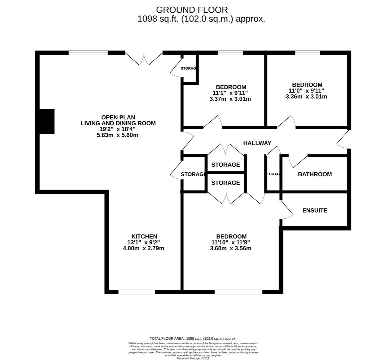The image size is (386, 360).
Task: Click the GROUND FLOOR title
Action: click(192, 10)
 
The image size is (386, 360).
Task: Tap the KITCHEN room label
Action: click(144, 236)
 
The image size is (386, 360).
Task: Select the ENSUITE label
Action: click(315, 210)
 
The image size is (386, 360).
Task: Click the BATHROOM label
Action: click(315, 174)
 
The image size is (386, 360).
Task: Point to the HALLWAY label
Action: click(257, 143)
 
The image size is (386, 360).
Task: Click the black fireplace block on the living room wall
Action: click(47, 121)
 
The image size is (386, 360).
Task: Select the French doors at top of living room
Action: click(144, 59)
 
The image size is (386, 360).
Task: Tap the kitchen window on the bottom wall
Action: click(137, 292)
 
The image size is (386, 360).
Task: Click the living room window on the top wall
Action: click(88, 53)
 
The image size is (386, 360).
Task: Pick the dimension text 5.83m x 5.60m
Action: click(118, 135)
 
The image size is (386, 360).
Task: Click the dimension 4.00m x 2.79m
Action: click(144, 248)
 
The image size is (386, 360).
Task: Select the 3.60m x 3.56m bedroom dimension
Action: click(230, 248)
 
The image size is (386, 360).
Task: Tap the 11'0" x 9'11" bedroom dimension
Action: click(306, 91)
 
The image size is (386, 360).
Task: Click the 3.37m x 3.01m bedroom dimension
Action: click(230, 99)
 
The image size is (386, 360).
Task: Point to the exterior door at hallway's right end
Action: click(344, 139)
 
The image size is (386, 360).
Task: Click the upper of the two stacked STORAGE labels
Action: click(225, 165)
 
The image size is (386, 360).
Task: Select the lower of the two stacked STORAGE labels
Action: click(225, 183)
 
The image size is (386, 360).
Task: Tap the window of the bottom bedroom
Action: click(238, 292)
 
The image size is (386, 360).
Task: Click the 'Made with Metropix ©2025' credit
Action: click(193, 358)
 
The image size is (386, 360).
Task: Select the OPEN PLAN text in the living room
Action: click(118, 117)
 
